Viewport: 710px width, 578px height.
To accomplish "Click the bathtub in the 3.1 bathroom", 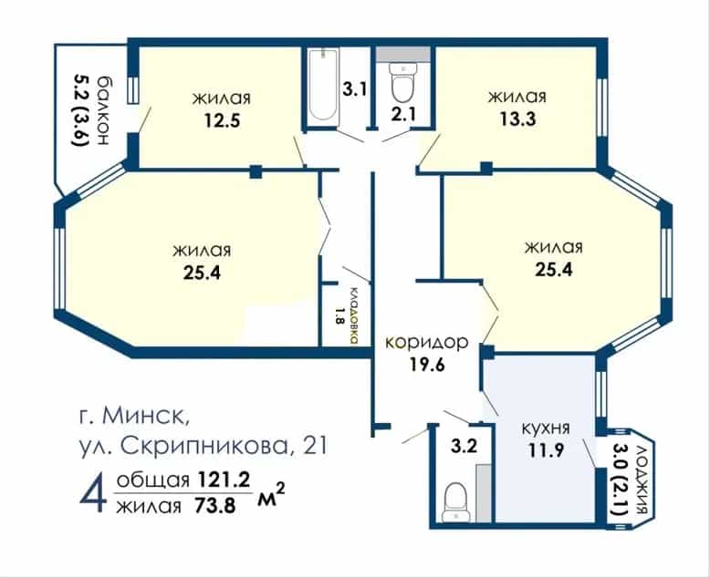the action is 323,86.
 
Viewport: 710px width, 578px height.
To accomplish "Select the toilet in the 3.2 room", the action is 456,502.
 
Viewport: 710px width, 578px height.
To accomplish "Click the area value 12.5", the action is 222,120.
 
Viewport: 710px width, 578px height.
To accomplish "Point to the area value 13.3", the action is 518,119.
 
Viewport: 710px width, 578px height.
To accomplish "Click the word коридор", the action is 426,343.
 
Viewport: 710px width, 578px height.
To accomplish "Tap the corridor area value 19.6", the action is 427,364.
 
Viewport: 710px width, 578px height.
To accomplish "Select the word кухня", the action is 546,428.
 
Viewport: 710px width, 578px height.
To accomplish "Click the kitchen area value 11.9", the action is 546,450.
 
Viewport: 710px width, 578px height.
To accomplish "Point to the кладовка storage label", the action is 354,316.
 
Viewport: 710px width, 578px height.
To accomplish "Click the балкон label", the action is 103,109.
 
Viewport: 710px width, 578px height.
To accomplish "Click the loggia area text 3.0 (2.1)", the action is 620,480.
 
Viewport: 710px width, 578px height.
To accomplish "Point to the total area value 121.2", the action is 224,480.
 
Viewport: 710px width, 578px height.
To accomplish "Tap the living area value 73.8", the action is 214,506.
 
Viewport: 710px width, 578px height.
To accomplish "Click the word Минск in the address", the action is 145,415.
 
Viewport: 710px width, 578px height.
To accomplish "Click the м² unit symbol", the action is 271,496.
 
